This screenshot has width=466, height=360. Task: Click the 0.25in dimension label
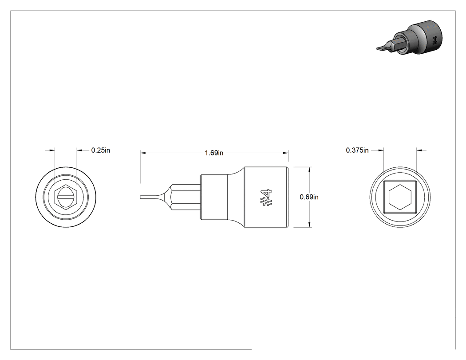coord(100,150)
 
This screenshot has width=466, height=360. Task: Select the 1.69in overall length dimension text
coord(214,153)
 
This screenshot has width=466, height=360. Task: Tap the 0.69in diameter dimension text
coord(309,197)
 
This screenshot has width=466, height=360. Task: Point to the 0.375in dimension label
coord(357,150)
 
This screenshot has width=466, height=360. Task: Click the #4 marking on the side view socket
coord(266,198)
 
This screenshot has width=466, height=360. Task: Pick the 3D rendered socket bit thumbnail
coord(410,37)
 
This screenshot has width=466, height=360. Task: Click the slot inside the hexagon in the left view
coord(66,197)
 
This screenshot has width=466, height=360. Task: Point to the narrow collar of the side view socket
coord(214,197)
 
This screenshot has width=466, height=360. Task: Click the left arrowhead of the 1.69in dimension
coord(142,153)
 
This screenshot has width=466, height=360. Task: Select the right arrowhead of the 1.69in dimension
coord(286,153)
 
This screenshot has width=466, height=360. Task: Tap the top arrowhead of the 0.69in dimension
coord(309,170)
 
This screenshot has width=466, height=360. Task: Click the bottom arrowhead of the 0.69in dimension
coord(309,225)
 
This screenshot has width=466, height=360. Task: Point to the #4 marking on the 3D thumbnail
coord(434,40)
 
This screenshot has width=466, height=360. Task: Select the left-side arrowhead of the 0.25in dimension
coord(52,150)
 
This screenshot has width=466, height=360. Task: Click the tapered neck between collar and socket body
coord(236,197)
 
